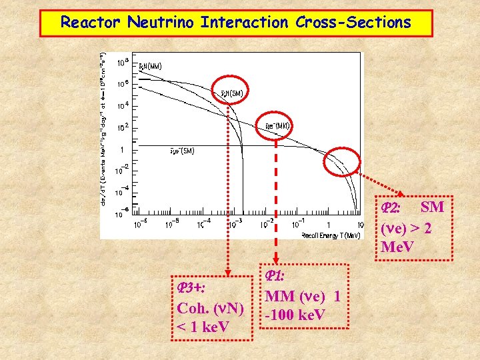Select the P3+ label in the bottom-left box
191,287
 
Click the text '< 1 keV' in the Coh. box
203,327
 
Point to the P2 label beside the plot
391,209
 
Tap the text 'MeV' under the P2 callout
399,247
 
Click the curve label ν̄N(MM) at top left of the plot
149,66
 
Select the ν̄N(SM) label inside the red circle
232,92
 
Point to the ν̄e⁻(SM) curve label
181,151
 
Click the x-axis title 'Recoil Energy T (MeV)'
331,235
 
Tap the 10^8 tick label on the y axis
123,63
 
